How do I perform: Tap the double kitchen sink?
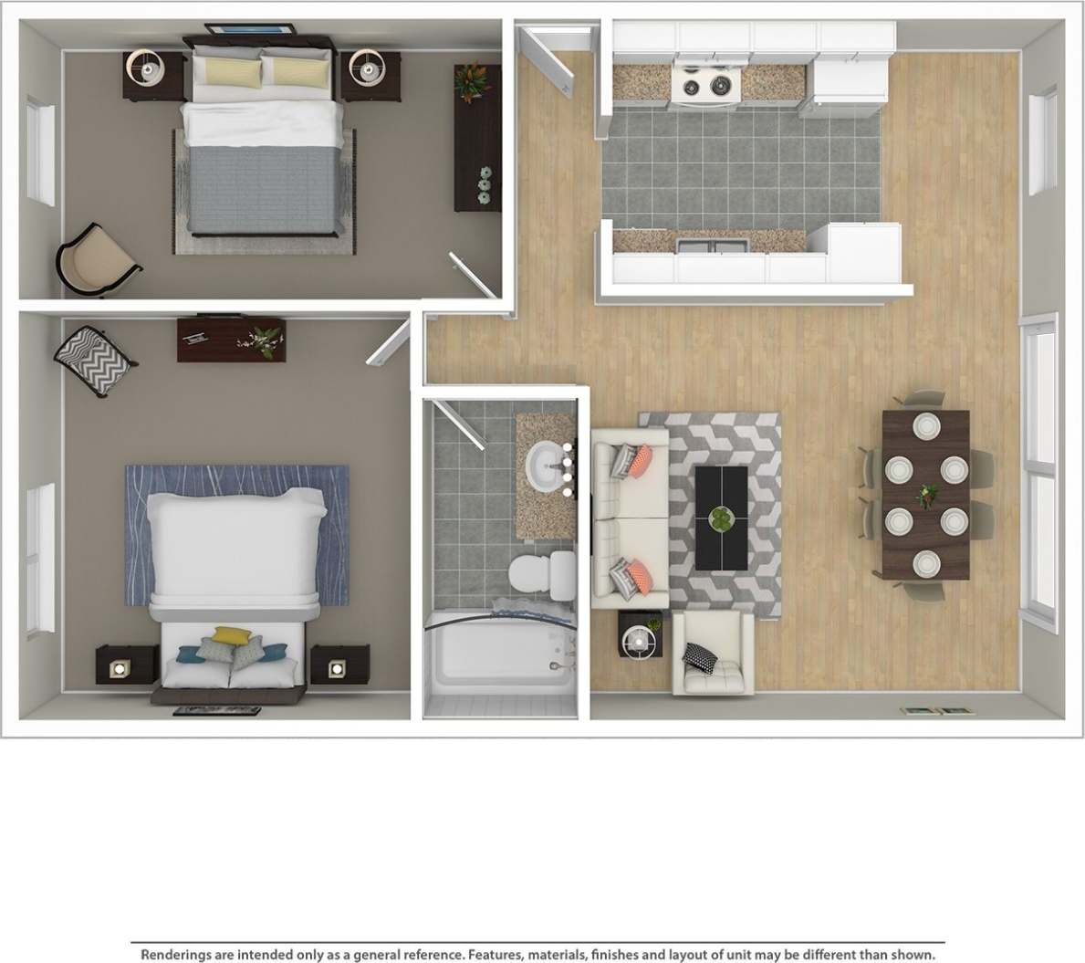coord(714,244)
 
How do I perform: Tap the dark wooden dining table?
coord(925,494)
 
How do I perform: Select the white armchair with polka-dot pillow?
coord(713,654)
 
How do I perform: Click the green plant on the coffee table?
coord(723,519)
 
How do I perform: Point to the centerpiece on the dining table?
coord(928,495)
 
